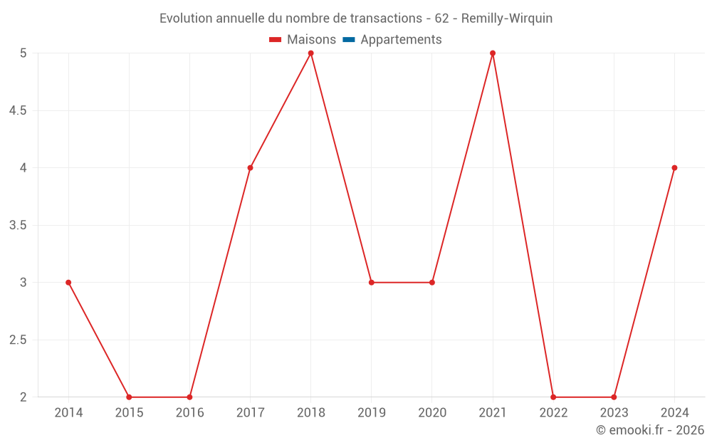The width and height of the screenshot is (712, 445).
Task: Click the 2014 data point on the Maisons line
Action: click(x=68, y=283)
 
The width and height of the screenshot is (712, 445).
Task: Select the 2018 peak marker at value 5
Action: click(x=311, y=53)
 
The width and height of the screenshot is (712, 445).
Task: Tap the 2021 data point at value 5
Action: click(x=493, y=53)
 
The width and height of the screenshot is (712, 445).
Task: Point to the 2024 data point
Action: click(x=674, y=168)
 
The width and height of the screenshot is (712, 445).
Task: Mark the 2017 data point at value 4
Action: click(x=250, y=168)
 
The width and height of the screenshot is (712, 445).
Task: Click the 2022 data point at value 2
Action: click(x=553, y=397)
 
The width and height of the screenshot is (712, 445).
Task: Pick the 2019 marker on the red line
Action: click(x=372, y=283)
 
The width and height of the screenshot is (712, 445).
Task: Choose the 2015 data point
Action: click(x=129, y=397)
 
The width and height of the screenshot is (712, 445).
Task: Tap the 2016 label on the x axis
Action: click(x=189, y=413)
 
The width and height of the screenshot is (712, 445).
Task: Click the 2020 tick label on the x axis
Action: click(x=432, y=413)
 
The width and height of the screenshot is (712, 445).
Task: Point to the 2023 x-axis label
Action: click(x=614, y=413)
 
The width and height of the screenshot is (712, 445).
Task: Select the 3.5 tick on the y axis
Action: click(x=18, y=226)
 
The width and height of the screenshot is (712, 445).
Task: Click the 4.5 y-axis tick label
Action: click(x=18, y=111)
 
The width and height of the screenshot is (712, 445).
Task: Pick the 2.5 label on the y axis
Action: click(x=18, y=340)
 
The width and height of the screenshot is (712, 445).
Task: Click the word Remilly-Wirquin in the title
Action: click(x=506, y=19)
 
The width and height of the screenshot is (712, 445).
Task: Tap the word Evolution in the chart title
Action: click(x=186, y=19)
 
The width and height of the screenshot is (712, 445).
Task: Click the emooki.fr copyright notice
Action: click(x=649, y=430)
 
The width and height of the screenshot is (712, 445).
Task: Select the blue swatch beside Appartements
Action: click(x=349, y=40)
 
